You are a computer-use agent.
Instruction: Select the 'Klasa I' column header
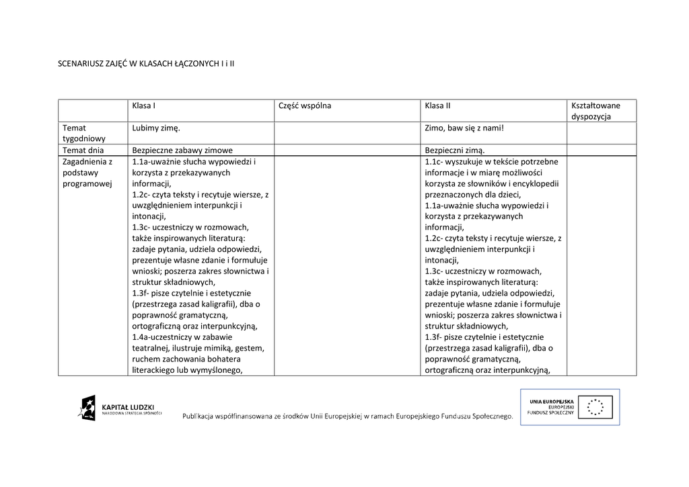pos(144,105)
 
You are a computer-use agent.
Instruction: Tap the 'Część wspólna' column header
pos(305,105)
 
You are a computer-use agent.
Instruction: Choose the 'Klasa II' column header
pos(437,105)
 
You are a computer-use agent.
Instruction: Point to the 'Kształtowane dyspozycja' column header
pos(595,111)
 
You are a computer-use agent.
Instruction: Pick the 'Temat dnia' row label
pos(83,150)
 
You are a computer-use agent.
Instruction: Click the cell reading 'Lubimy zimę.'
pos(156,128)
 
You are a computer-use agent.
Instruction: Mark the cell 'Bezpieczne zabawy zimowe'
pos(182,150)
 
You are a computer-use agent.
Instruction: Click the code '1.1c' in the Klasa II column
pos(434,162)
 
